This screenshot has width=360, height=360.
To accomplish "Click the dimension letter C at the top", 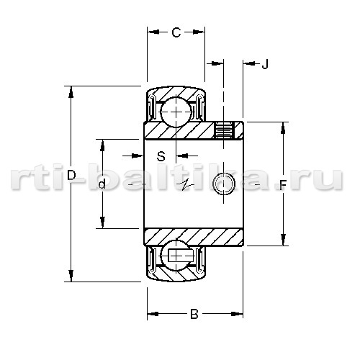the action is (176, 32).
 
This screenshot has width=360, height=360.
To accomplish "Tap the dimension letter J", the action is (265, 64).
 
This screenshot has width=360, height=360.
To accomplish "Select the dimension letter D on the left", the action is (71, 175).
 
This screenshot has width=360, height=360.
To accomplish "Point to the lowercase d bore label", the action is (102, 184).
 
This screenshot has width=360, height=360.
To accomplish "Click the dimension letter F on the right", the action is (283, 185).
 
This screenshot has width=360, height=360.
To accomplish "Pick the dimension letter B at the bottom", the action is (194, 314).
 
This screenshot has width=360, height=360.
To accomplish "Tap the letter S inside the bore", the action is (161, 156).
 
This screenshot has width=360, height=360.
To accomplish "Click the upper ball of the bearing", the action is (176, 112).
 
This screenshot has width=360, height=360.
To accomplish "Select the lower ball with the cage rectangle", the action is (176, 255).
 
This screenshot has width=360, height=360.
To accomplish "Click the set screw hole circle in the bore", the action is (224, 184).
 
